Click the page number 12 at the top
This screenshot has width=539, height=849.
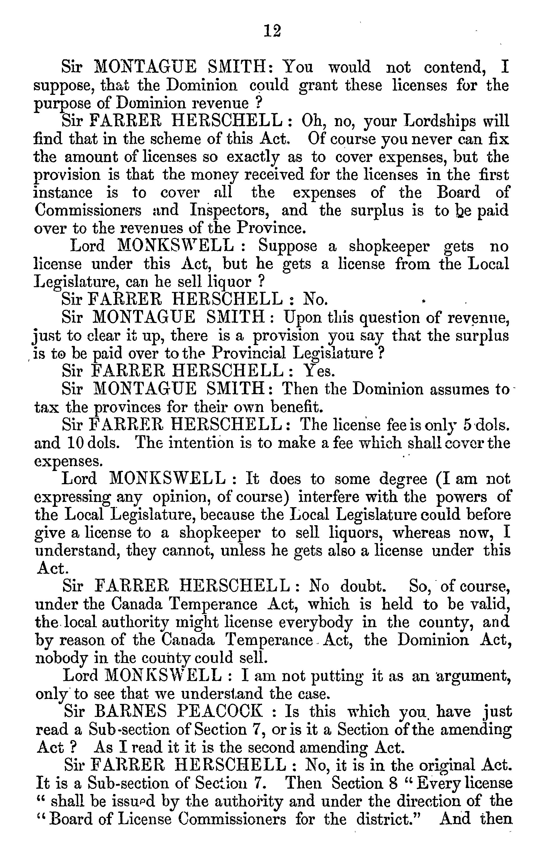[272, 31]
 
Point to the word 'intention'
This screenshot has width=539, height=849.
[201, 442]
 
